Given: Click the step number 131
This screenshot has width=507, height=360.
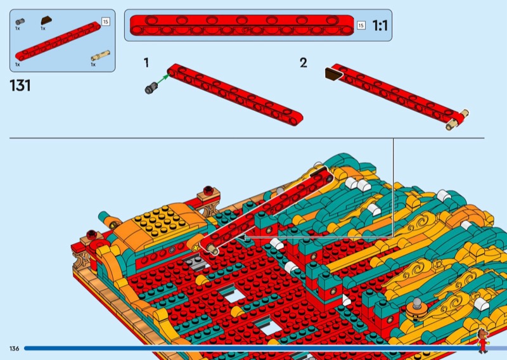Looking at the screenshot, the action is (20, 86).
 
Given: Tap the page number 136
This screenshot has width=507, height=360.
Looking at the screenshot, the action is (14, 349).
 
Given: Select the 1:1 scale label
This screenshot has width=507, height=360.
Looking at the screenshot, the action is (380, 25).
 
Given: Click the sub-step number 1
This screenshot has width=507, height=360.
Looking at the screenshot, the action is (146, 63).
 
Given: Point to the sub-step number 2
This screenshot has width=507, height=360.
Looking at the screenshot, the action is (304, 63).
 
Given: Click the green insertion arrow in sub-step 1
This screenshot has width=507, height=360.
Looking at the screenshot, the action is (164, 80).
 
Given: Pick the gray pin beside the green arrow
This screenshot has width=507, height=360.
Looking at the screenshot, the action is (151, 88).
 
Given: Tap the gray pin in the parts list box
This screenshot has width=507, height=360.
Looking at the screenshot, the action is (20, 22).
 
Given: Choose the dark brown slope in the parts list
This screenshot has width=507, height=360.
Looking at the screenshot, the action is (46, 21).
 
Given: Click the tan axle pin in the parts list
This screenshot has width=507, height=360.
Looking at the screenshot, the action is (100, 56).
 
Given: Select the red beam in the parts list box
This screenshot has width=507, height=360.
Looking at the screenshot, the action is (58, 41).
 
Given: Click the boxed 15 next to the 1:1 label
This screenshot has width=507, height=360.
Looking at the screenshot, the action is (361, 25).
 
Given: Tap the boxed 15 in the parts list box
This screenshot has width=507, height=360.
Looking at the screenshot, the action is (105, 22).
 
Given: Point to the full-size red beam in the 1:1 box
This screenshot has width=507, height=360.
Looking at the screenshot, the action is (242, 25).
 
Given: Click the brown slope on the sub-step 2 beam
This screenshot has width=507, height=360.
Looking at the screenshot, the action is (334, 74).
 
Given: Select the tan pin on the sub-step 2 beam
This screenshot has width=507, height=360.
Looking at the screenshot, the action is (457, 120).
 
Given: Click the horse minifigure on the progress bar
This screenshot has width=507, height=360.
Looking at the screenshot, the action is (482, 340).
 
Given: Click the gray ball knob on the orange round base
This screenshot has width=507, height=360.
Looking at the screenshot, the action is (418, 302).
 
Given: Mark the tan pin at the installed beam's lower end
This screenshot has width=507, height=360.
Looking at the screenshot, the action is (212, 249).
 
